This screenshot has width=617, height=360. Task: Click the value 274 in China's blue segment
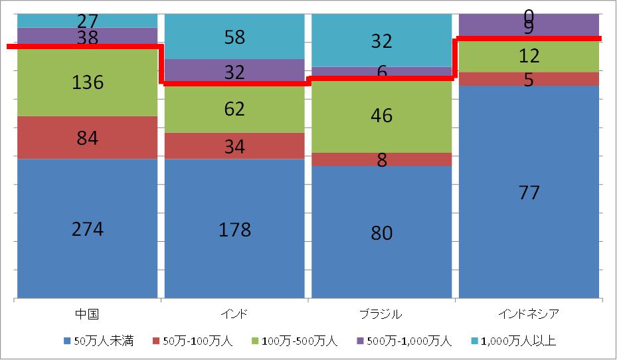(x=88, y=229)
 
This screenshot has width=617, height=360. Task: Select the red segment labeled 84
(x=88, y=138)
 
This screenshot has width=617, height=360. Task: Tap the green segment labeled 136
(x=88, y=82)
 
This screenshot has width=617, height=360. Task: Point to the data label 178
(x=234, y=230)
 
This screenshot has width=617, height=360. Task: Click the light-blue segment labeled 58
(x=234, y=37)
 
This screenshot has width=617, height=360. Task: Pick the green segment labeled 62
(x=234, y=108)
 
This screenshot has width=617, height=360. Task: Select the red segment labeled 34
(x=234, y=146)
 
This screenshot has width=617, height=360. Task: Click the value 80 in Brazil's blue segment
(x=382, y=233)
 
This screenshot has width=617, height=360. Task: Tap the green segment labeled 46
(x=382, y=116)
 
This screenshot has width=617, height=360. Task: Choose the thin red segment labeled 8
(x=382, y=160)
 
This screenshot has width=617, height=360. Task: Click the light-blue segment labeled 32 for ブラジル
(x=382, y=41)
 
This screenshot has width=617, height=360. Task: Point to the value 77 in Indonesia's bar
(x=529, y=193)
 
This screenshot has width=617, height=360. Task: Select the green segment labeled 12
(x=529, y=56)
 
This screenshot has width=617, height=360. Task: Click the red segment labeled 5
(x=529, y=79)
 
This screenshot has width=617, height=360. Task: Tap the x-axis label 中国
(x=88, y=314)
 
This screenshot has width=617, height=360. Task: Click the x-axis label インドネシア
(x=529, y=314)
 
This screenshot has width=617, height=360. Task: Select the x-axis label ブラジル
(x=382, y=314)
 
